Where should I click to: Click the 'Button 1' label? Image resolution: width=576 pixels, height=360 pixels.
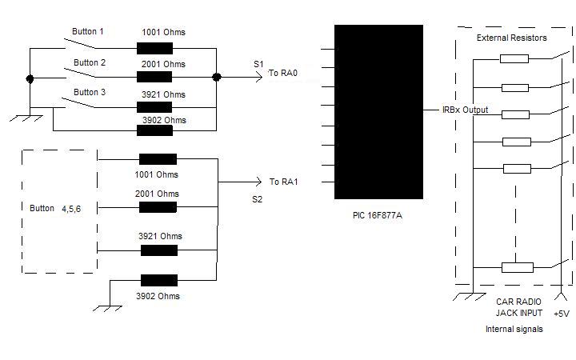tap(88, 31)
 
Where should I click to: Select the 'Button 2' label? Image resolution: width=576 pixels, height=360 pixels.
tap(90, 62)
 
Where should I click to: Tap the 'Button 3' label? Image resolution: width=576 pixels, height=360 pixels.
tap(90, 92)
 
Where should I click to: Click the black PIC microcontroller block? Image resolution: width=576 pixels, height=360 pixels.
tap(378, 111)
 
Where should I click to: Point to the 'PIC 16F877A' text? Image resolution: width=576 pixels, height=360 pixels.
tap(378, 215)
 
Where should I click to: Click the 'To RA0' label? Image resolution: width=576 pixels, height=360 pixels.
tap(283, 73)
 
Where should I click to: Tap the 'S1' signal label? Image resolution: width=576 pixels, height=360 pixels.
tap(258, 63)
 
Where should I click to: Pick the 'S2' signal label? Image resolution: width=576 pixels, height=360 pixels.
tap(257, 199)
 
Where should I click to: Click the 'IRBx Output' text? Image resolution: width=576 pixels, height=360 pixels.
tap(465, 110)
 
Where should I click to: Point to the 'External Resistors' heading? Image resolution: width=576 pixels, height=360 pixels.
tap(511, 38)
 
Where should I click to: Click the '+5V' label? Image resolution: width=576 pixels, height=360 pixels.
tap(561, 314)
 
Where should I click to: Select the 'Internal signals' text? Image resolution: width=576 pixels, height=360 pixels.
tap(514, 329)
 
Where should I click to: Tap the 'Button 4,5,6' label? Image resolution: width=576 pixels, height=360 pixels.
tap(55, 208)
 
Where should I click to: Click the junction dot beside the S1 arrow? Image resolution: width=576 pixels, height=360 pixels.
tap(217, 78)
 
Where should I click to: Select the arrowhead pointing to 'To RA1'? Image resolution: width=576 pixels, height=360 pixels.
tap(258, 182)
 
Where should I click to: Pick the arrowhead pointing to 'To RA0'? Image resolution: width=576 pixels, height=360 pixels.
tap(258, 78)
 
